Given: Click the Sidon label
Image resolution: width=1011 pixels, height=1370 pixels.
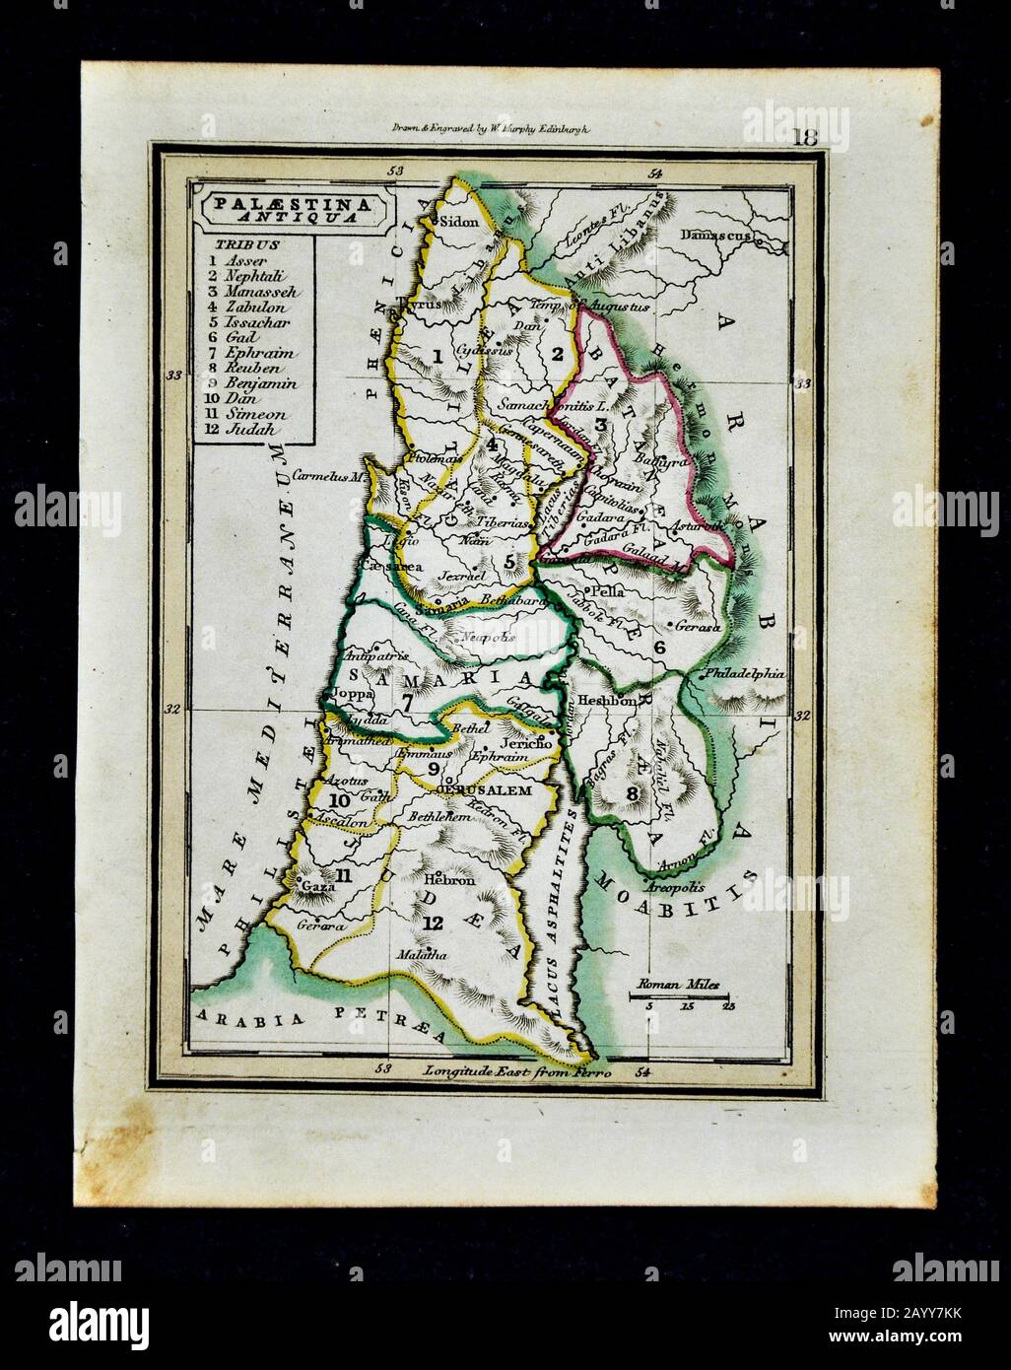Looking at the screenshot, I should coord(456,221).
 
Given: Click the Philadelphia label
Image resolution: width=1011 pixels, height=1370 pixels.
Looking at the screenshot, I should coord(745,674).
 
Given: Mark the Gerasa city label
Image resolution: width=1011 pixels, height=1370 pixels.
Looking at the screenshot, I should coord(702,627).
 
